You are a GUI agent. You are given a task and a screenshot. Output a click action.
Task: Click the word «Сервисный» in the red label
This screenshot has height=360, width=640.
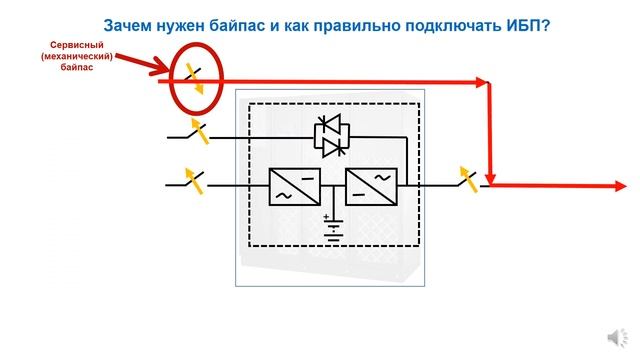point(76,47)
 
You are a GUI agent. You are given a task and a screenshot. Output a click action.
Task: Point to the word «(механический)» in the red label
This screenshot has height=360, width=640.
point(76,59)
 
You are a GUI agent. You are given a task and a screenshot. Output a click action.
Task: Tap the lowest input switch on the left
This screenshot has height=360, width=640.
point(190,181)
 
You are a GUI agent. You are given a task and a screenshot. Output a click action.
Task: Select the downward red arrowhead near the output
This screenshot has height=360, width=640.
point(491,170)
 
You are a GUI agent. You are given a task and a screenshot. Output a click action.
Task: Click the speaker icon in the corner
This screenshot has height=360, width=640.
point(613,336)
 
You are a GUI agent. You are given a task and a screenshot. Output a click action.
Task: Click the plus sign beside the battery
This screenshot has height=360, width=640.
point(325,216)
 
